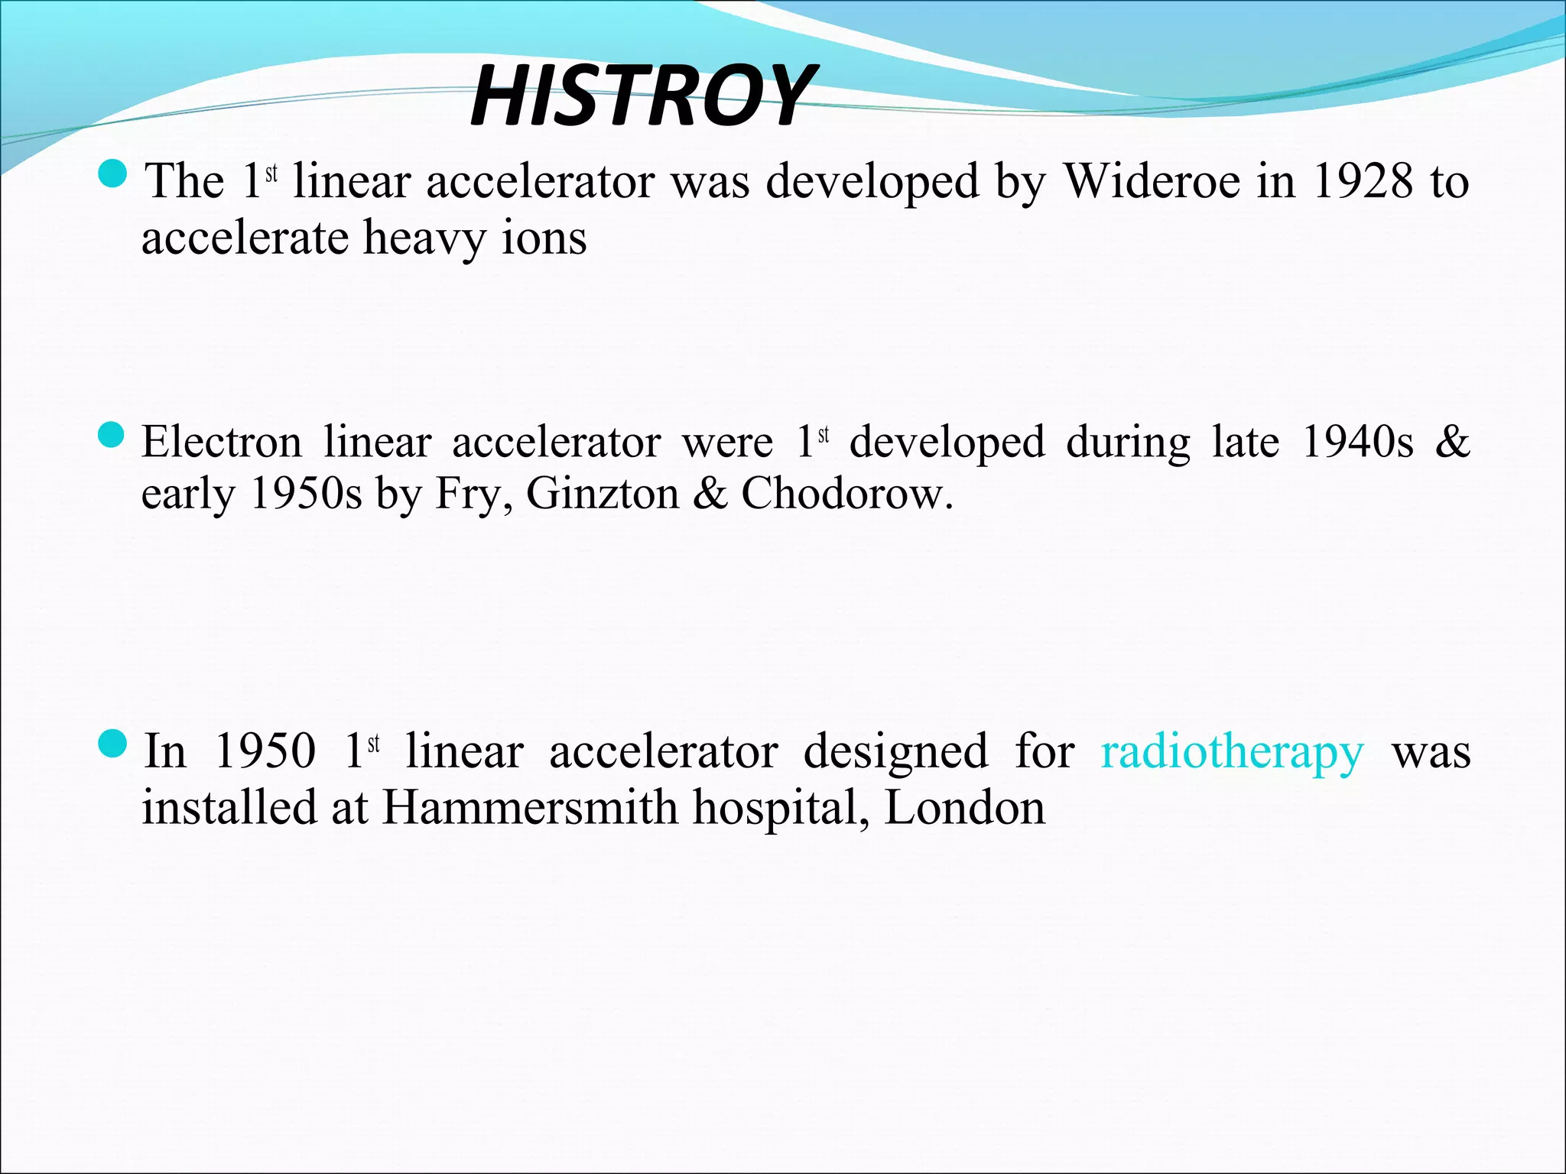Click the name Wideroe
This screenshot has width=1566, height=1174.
(1153, 182)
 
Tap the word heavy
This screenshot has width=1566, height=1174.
(424, 238)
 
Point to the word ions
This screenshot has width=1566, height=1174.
(544, 238)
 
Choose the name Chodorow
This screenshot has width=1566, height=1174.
(846, 494)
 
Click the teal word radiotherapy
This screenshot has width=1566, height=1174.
(1232, 752)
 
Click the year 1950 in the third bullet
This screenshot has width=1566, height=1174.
(265, 751)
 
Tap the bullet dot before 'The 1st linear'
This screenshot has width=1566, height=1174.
(113, 175)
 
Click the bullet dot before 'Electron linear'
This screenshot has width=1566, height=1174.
(112, 436)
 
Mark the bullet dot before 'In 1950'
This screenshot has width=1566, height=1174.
(113, 744)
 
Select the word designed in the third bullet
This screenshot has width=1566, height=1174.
(895, 752)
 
